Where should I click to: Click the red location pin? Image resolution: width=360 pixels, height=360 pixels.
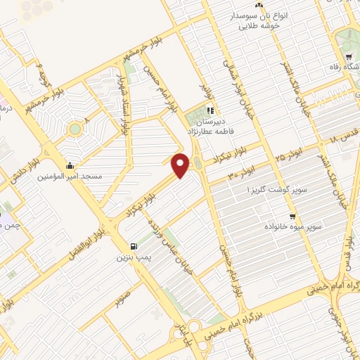point(181,165)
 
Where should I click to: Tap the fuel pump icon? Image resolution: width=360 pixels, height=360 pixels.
point(133,246)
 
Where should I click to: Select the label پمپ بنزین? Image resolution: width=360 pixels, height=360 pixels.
point(133,257)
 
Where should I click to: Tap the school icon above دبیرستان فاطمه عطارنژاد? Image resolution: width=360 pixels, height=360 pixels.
point(210,110)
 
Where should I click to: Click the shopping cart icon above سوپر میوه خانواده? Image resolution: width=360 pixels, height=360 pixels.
point(292,216)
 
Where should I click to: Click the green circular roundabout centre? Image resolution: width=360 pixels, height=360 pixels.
point(73,129)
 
